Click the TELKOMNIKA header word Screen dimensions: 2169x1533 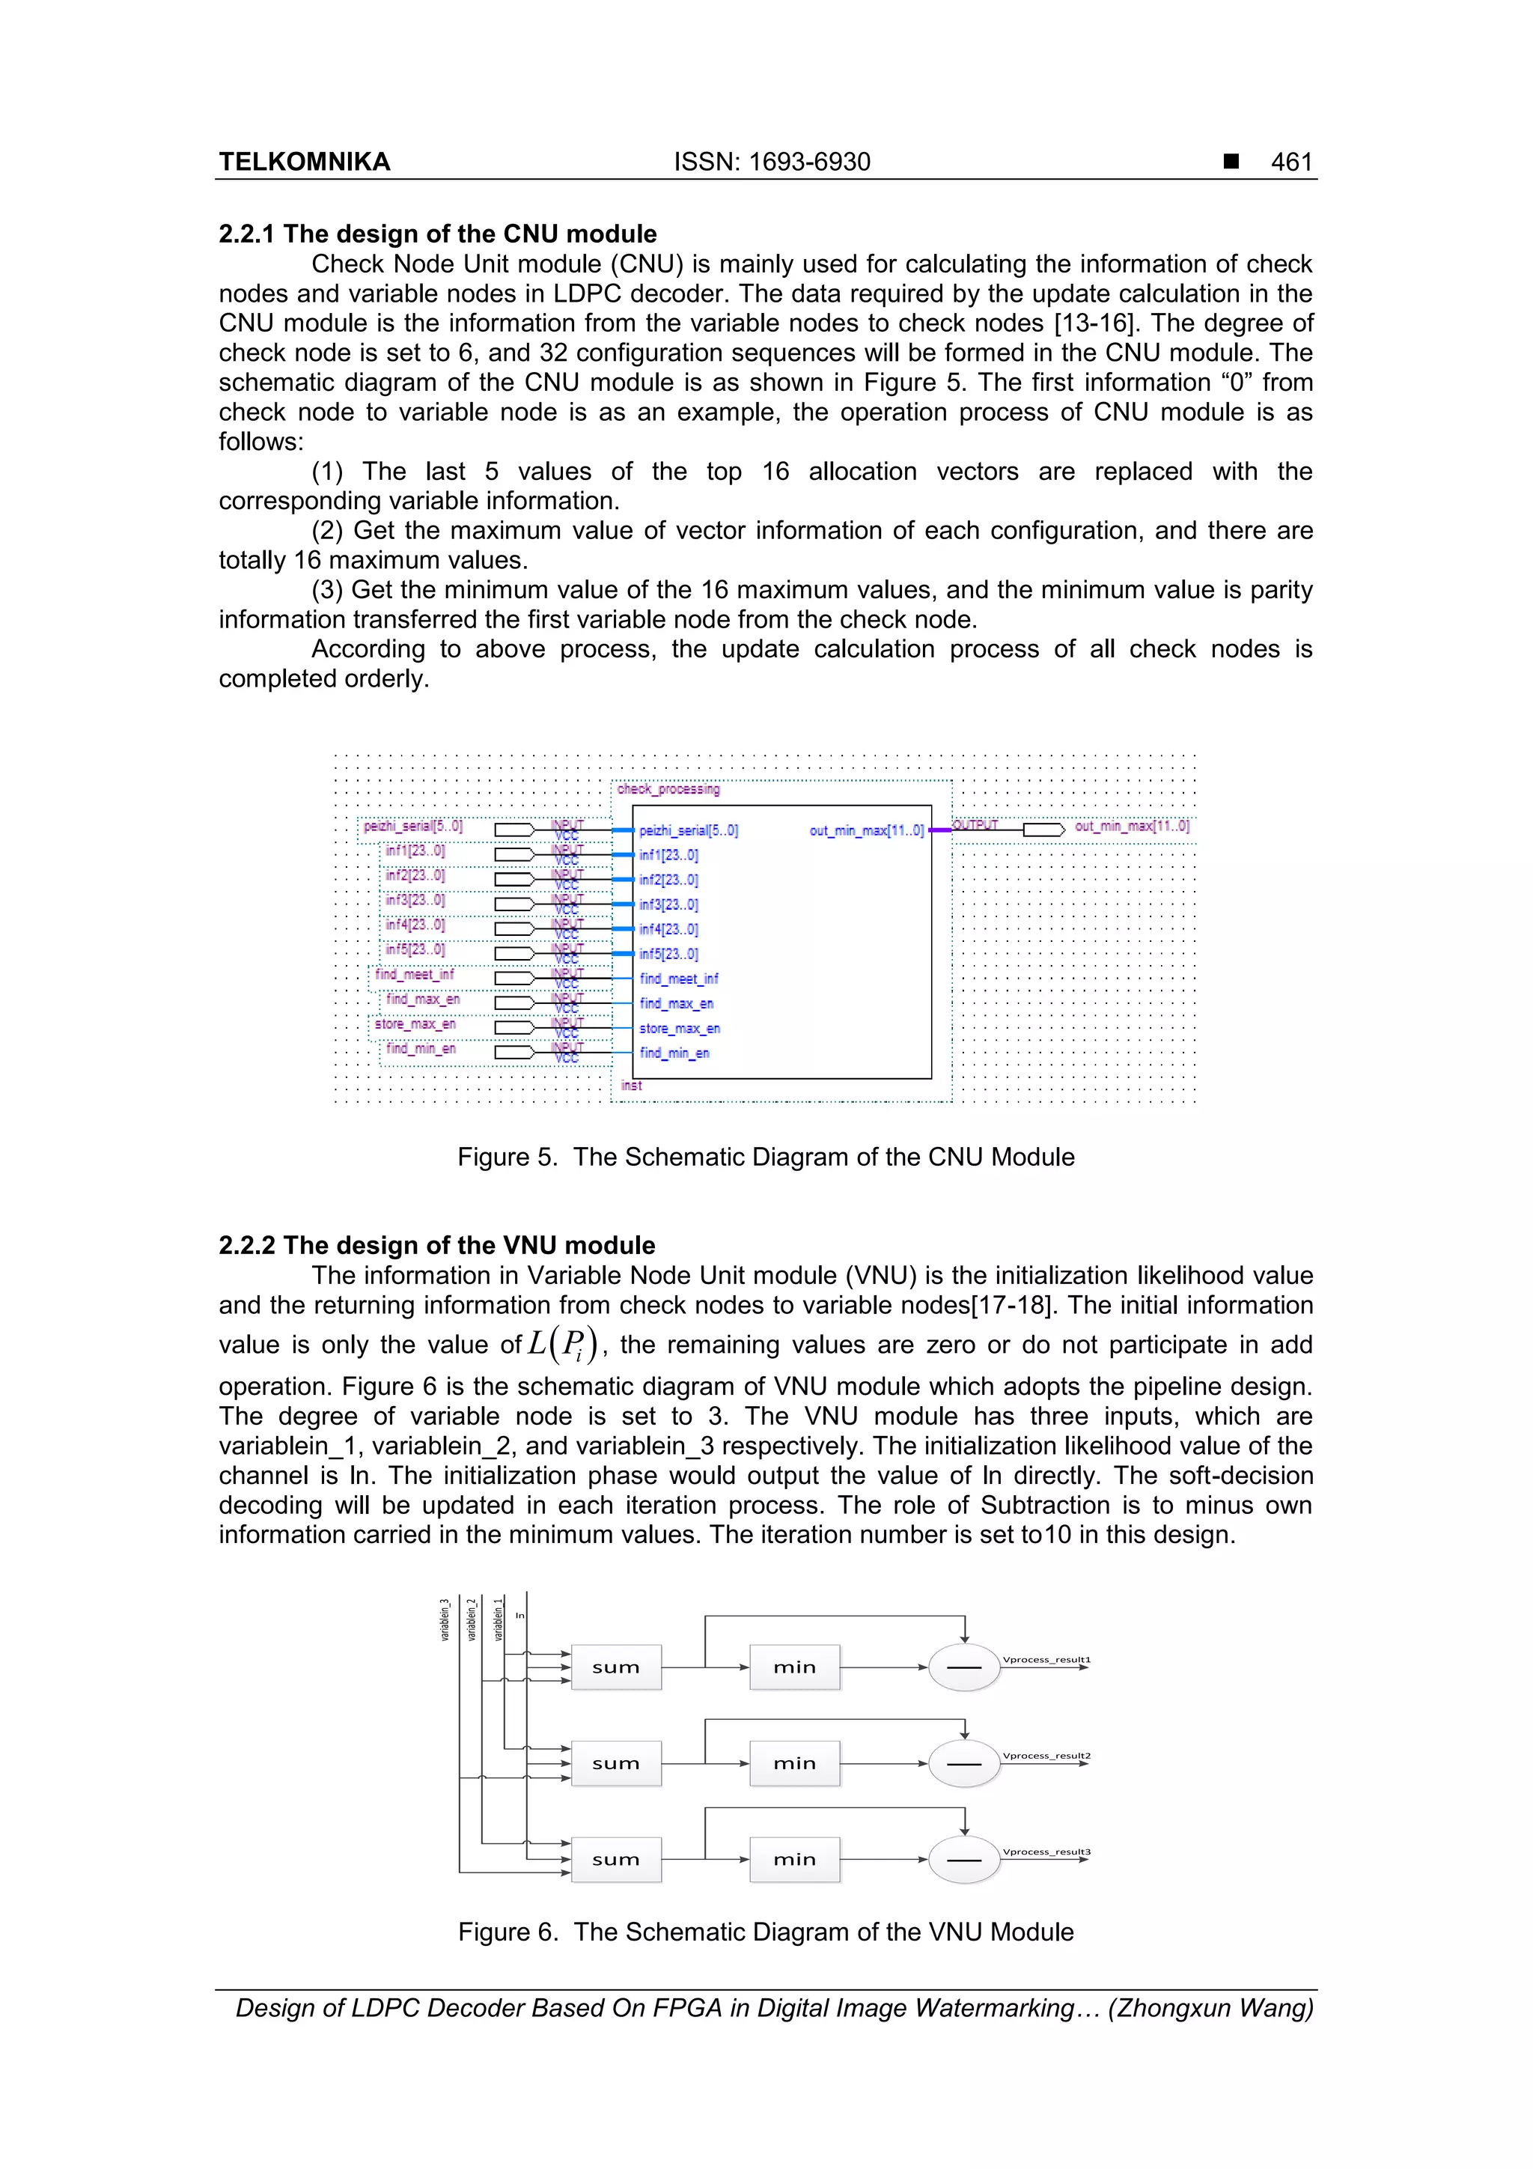point(304,162)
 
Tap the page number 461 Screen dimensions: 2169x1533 point(1290,162)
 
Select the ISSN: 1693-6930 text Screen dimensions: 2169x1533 point(772,162)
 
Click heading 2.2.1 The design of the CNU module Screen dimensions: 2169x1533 point(437,234)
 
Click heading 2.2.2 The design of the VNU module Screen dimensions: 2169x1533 point(436,1245)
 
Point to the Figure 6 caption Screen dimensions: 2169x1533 point(765,1931)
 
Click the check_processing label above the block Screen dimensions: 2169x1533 point(668,789)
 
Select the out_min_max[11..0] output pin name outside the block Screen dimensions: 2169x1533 point(1132,826)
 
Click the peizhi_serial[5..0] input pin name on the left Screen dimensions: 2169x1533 point(412,826)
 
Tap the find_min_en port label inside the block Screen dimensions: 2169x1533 point(674,1053)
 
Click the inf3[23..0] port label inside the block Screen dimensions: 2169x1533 point(668,904)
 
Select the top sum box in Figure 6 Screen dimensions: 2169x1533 point(616,1667)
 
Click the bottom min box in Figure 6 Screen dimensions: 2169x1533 point(794,1859)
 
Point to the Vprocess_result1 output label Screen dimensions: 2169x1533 point(1046,1659)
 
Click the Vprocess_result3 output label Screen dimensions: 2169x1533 point(1046,1852)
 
